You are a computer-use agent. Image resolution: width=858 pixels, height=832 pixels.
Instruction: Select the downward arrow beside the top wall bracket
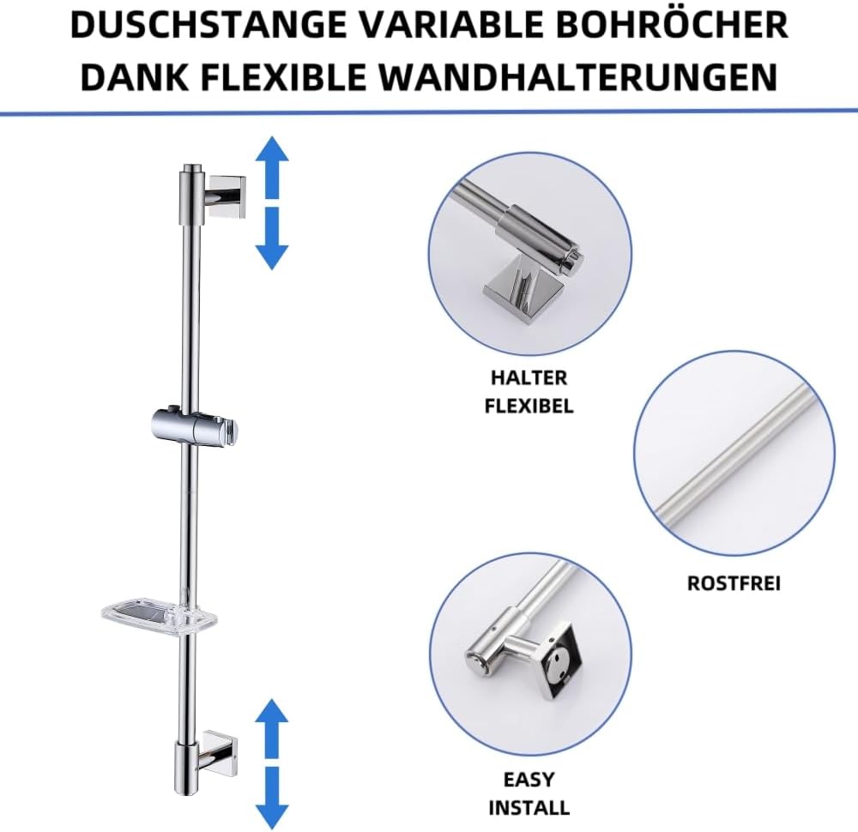[x=273, y=238]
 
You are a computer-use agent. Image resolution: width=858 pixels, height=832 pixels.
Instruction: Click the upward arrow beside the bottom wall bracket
[x=273, y=727]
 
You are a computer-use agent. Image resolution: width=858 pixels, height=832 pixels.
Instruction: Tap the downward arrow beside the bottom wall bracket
[x=273, y=798]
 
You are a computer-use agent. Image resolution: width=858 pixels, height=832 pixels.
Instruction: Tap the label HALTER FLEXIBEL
[x=529, y=391]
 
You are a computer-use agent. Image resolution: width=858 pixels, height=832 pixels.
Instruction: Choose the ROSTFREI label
[x=734, y=583]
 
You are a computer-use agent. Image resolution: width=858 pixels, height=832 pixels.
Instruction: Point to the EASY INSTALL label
[x=529, y=793]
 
